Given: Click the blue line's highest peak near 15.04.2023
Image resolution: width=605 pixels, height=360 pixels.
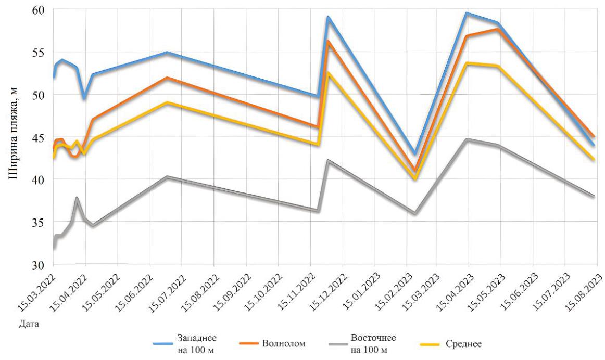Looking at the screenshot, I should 467,13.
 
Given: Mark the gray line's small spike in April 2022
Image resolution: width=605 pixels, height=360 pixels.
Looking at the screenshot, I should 77,198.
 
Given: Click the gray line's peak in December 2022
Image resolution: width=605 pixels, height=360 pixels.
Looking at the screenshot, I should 328,160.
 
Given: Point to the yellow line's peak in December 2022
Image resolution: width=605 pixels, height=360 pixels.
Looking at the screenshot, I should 328,73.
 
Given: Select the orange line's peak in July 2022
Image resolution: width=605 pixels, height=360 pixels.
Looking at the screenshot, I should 167,78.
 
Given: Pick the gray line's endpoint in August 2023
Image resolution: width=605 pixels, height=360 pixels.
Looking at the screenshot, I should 593,196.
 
